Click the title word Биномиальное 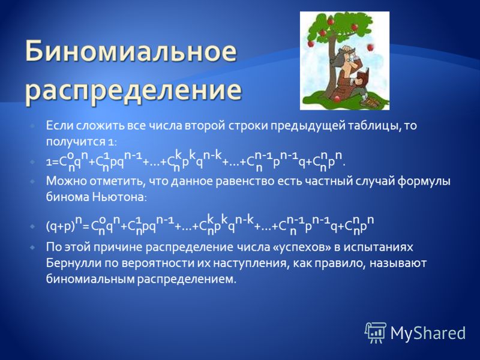tap(131, 51)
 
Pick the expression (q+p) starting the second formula tap(61, 226)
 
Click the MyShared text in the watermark tap(428, 333)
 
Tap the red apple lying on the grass tap(337, 99)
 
